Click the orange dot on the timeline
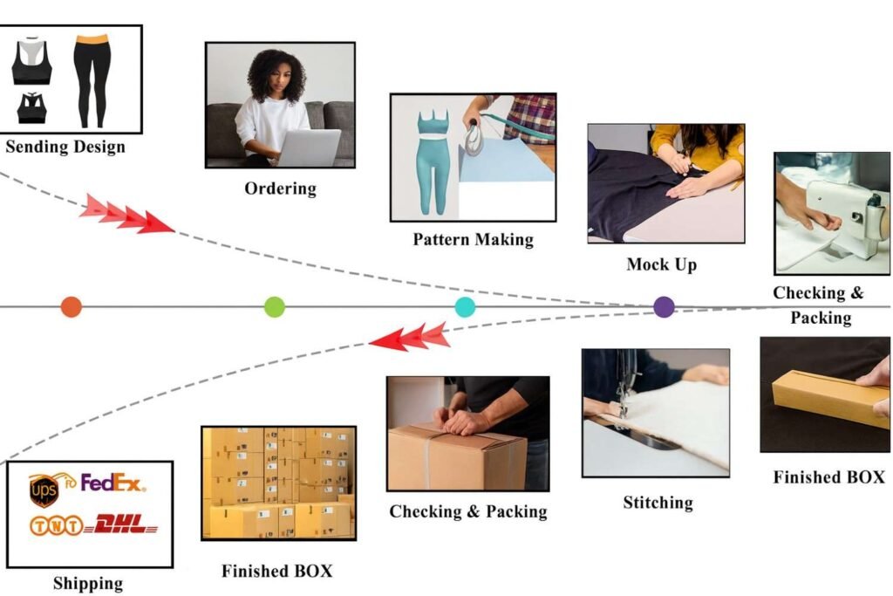pos(72,306)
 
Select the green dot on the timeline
pos(275,306)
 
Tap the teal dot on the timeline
pos(466,306)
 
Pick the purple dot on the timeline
pos(665,306)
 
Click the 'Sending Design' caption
pos(65,146)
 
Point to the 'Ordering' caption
pos(280,188)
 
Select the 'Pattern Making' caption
pos(473,239)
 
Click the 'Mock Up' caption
pos(662,264)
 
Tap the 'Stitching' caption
pos(658,503)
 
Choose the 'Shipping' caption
pos(88,583)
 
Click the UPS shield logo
pos(44,490)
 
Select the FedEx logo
pos(113,483)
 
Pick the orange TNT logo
pos(57,526)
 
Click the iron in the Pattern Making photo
pos(474,139)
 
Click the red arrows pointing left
pos(410,337)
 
